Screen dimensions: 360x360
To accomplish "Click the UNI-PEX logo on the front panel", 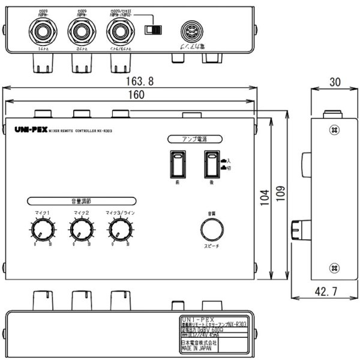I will pyautogui.click(x=26, y=129).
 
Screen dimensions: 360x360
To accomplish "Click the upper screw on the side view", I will pyautogui.click(x=334, y=129).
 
